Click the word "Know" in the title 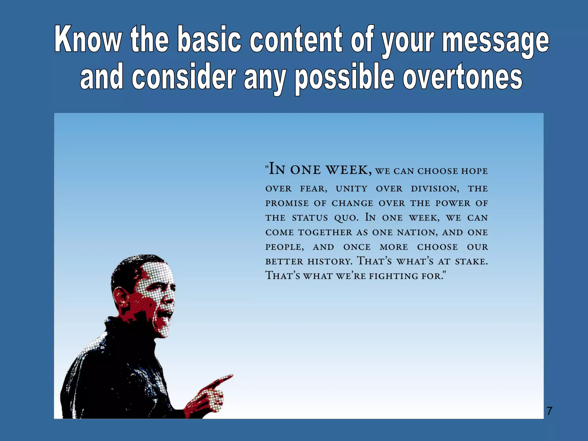point(88,39)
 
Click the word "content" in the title point(296,39)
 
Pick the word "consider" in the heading point(184,76)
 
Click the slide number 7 point(549,411)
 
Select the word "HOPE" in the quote point(474,171)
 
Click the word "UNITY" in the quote point(351,189)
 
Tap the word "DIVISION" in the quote point(434,189)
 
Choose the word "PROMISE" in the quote point(287,203)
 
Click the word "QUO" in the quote point(346,218)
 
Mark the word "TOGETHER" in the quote point(325,232)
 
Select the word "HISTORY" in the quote point(329,262)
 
